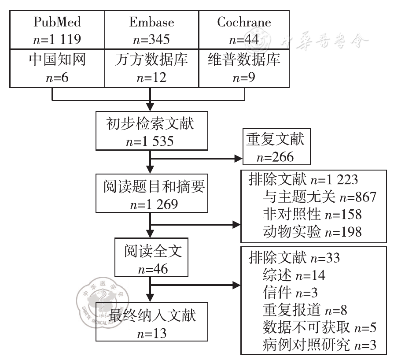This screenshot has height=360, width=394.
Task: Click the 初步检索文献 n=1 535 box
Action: point(151,131)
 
